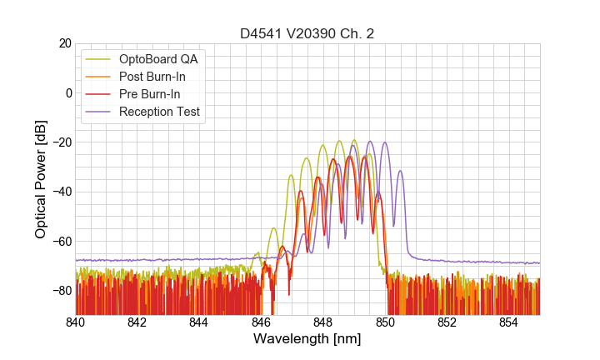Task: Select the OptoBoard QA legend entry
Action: [159, 59]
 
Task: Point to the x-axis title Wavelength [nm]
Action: [307, 340]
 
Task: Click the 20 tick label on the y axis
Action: [64, 43]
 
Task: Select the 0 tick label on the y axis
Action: [68, 92]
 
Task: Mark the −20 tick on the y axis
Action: [61, 142]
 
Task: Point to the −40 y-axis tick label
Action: [61, 192]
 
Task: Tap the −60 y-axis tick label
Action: [61, 241]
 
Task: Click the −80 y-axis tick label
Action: [61, 290]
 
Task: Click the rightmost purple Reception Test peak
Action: [400, 172]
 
